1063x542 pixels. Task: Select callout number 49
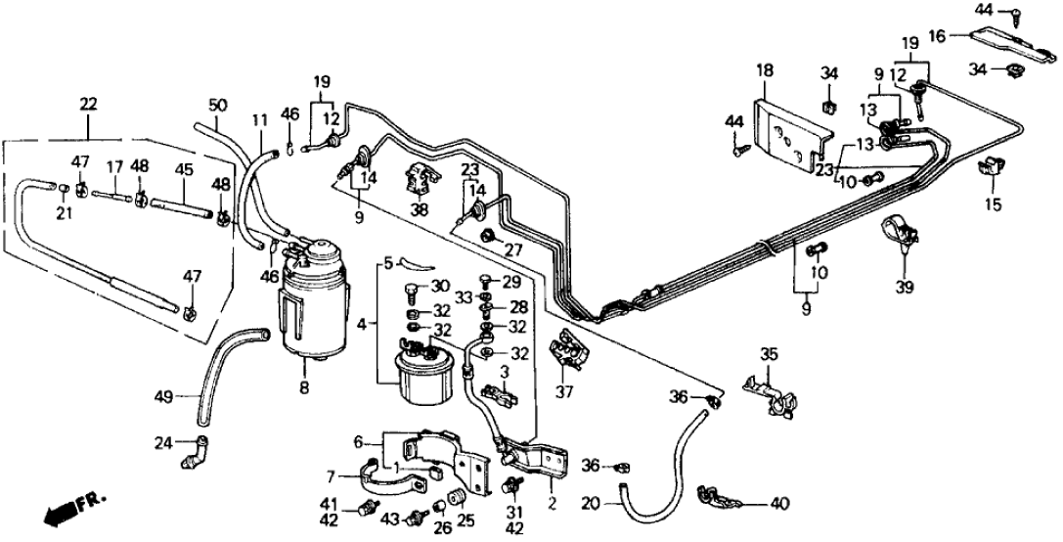point(165,396)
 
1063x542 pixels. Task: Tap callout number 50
point(218,105)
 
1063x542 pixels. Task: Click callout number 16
point(936,37)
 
